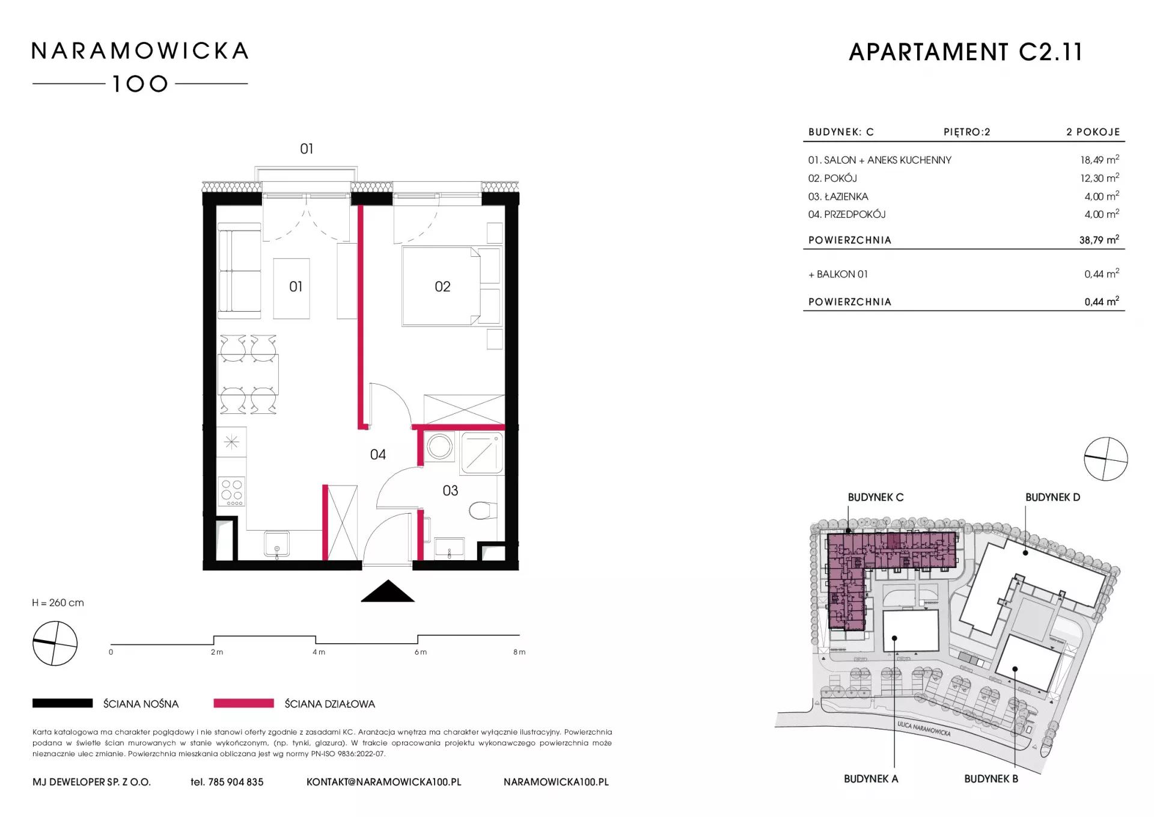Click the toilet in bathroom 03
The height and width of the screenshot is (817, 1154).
tap(483, 511)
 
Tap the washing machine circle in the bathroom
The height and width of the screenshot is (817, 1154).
tap(439, 448)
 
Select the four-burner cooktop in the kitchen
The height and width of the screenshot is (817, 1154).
tap(232, 491)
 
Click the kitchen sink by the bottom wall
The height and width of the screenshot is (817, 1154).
tap(277, 544)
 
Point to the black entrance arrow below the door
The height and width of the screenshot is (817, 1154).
tap(388, 591)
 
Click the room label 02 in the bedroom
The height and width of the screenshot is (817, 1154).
tap(442, 287)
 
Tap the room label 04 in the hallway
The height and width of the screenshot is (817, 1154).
tap(378, 455)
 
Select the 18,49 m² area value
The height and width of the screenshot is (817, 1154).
tap(1099, 160)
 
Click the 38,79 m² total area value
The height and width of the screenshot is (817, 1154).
tap(1099, 240)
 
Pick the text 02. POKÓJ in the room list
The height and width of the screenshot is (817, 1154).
tap(832, 179)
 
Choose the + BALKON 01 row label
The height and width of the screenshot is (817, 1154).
tap(838, 274)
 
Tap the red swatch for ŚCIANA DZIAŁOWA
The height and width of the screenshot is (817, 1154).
tap(243, 703)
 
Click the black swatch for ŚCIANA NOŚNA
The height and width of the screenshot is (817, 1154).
tap(63, 703)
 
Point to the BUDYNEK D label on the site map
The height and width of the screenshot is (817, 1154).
tap(1052, 498)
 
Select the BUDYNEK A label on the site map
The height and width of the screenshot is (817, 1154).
tap(871, 779)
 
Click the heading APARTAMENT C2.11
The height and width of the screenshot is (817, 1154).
tap(966, 52)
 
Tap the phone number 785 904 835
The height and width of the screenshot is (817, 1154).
tap(236, 782)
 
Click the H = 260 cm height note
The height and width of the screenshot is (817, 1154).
tap(58, 603)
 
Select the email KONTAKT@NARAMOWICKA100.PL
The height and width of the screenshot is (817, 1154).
tap(384, 782)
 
